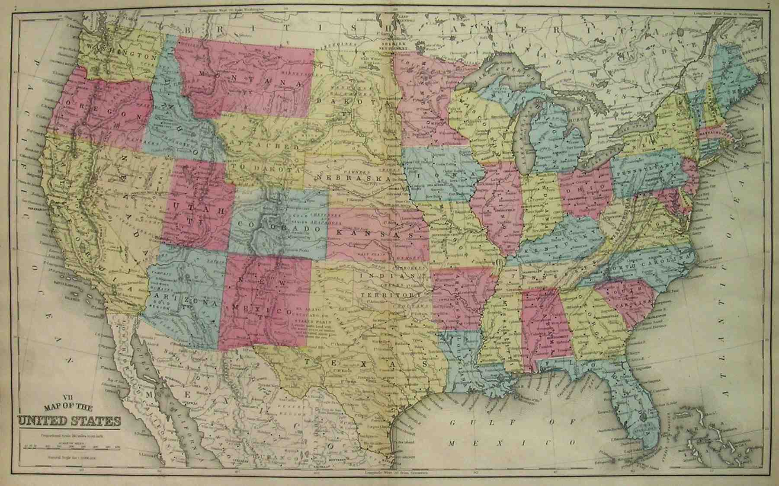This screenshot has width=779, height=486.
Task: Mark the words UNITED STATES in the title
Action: (x=69, y=420)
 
